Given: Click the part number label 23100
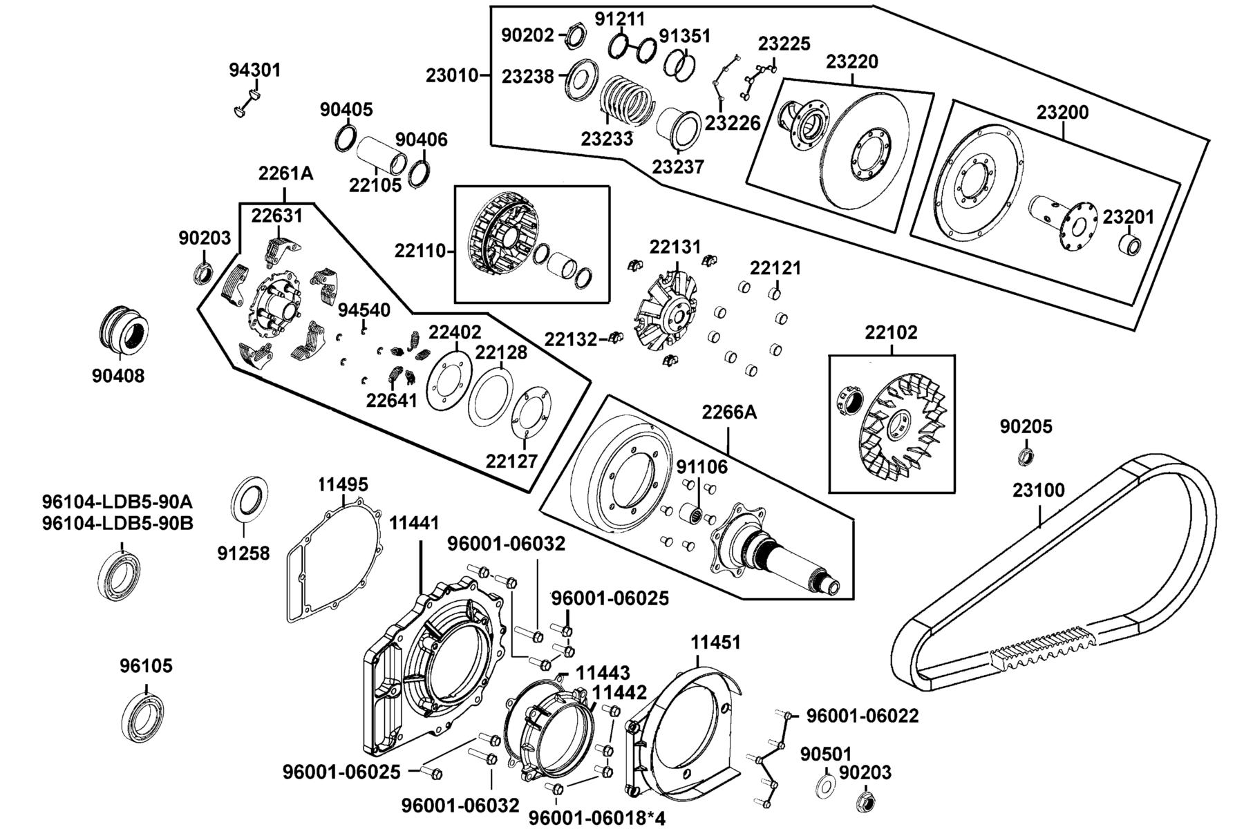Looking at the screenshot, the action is (x=1039, y=490).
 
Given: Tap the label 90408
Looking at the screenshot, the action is (x=118, y=376).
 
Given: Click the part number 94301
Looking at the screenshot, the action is (x=255, y=70).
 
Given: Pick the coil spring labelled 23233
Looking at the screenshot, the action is (x=626, y=99).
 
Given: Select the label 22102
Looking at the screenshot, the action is (x=891, y=332).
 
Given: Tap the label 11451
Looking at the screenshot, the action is (x=715, y=642).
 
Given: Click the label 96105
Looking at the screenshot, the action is (x=146, y=666).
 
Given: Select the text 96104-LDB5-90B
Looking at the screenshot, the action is (x=117, y=523).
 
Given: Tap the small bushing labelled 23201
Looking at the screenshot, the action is (x=1130, y=245).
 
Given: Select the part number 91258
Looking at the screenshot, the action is (x=243, y=553).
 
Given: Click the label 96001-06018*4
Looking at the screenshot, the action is (x=596, y=819).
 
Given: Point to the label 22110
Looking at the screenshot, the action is (x=422, y=250).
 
